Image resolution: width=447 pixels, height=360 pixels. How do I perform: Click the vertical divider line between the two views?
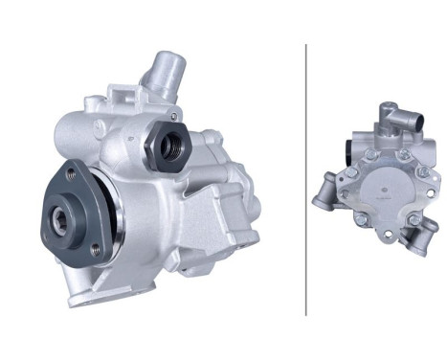tap(306, 179)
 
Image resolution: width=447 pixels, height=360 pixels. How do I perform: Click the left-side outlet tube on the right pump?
tap(323, 191)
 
